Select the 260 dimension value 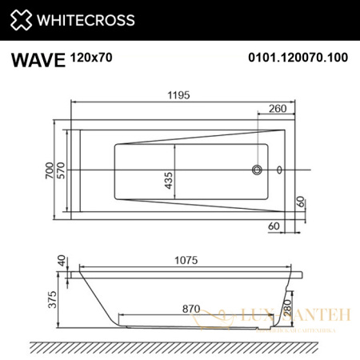pos(278,109)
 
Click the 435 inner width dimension pos(168,183)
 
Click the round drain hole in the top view pos(258,170)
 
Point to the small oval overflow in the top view pos(279,170)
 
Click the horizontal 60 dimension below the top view pos(274,227)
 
